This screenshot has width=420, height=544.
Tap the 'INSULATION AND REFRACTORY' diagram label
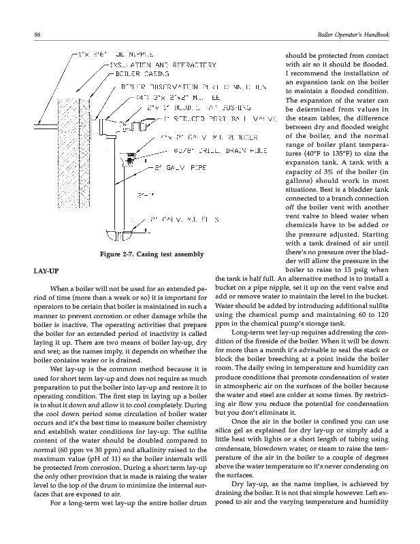[161, 65]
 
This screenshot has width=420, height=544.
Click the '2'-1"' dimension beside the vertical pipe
[144, 197]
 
